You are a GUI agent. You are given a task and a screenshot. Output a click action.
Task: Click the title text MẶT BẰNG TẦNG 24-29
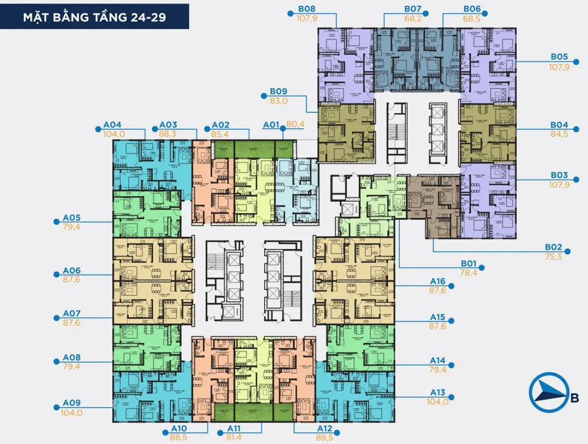(94, 17)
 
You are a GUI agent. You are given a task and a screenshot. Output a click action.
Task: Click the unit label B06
(472, 9)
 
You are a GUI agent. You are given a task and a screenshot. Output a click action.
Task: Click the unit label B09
(278, 91)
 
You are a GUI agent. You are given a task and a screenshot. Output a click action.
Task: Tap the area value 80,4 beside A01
(295, 124)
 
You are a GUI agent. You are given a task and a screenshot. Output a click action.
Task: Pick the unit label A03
(168, 125)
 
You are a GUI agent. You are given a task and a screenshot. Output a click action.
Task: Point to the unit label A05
(72, 218)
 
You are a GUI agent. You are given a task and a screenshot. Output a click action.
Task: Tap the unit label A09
(72, 403)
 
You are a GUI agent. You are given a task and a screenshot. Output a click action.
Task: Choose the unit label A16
(438, 281)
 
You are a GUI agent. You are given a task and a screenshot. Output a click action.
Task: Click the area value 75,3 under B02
(554, 257)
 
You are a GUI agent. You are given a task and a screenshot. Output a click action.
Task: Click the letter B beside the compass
(574, 397)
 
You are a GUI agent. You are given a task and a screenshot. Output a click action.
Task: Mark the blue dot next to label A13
(451, 397)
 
